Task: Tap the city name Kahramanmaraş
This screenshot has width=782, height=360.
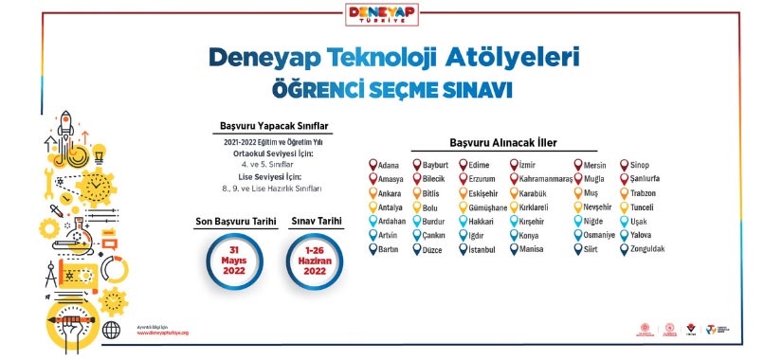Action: [547, 178]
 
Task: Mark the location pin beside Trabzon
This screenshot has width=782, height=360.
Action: [624, 192]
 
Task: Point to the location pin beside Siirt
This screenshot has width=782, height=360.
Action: [577, 250]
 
